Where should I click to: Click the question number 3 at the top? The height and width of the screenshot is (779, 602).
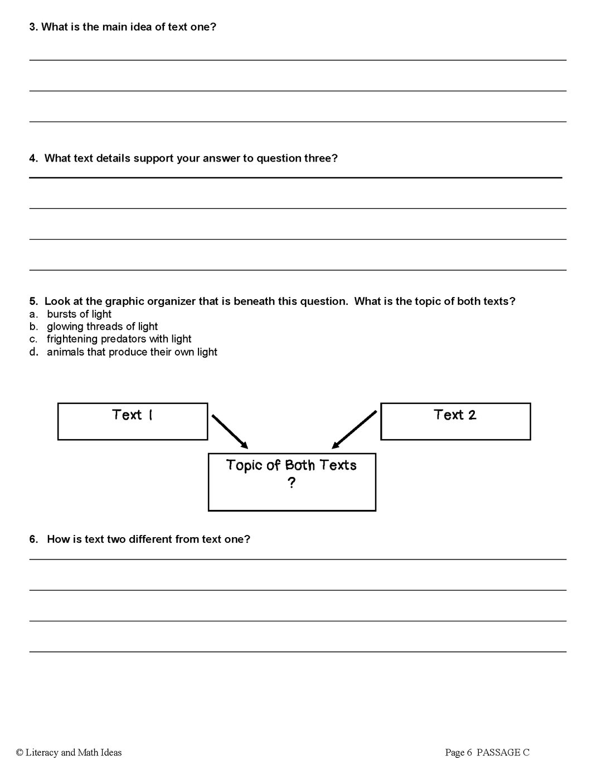click(33, 27)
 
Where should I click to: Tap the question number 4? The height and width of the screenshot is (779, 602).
click(33, 158)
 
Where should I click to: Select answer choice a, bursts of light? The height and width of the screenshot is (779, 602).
click(79, 314)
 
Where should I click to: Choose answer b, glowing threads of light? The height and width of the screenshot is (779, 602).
click(102, 327)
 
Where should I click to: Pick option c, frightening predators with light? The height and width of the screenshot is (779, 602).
click(119, 339)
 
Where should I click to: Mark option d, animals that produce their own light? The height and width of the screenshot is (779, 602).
click(132, 352)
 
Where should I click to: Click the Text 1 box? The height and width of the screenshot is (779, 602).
click(133, 421)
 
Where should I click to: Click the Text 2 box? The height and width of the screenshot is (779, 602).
click(455, 421)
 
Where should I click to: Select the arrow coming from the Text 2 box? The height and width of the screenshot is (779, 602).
click(354, 430)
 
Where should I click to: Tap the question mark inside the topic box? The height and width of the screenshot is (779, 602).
click(292, 483)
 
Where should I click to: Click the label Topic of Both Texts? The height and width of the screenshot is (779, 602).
click(292, 465)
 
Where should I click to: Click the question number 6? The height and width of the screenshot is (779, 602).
click(33, 539)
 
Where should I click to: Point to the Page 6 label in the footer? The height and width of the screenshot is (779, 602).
click(458, 753)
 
